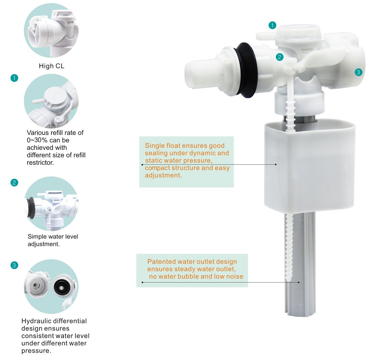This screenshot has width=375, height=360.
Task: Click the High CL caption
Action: [51, 66]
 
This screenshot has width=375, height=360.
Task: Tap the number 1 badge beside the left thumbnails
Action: [14, 78]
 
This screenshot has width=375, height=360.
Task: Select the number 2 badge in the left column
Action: [14, 183]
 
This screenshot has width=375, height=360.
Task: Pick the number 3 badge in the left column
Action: [14, 265]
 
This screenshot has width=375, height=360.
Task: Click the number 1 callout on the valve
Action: [272, 25]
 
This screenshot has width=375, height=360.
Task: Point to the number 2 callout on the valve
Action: [280, 57]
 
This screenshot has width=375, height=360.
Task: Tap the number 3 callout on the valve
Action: [358, 72]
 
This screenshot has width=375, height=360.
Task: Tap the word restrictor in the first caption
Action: [40, 163]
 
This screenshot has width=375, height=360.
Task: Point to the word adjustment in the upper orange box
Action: [163, 175]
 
